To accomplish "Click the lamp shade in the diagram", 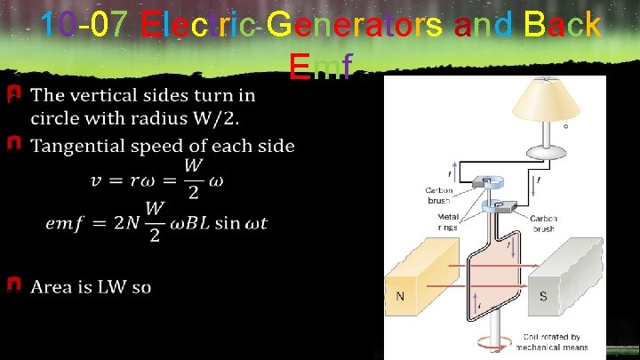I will pyautogui.click(x=542, y=99).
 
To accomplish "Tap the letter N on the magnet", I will pyautogui.click(x=401, y=295).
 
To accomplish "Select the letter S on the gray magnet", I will pyautogui.click(x=543, y=296).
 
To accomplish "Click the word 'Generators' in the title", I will pyautogui.click(x=342, y=24).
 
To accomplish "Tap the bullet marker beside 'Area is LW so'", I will pyautogui.click(x=14, y=285).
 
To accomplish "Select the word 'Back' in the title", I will pyautogui.click(x=562, y=24).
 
